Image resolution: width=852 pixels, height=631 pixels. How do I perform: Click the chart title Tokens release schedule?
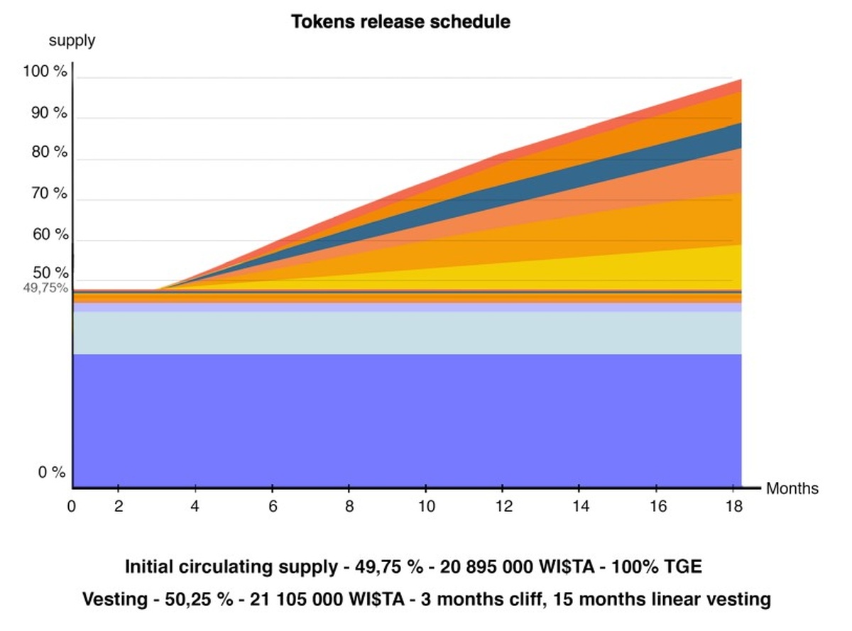400,22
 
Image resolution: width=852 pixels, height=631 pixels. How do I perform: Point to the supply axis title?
72,40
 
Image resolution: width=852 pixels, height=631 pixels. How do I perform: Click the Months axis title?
792,488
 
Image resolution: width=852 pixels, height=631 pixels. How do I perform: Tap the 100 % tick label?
45,72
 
